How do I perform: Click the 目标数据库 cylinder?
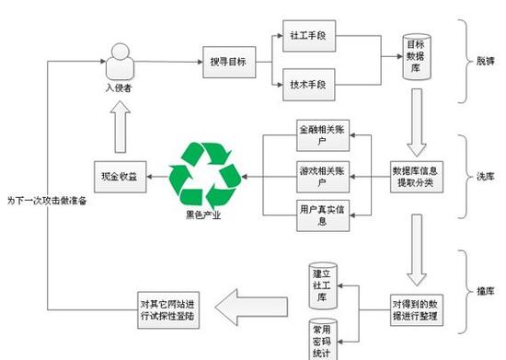tap(414, 56)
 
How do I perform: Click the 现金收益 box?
tap(121, 175)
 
